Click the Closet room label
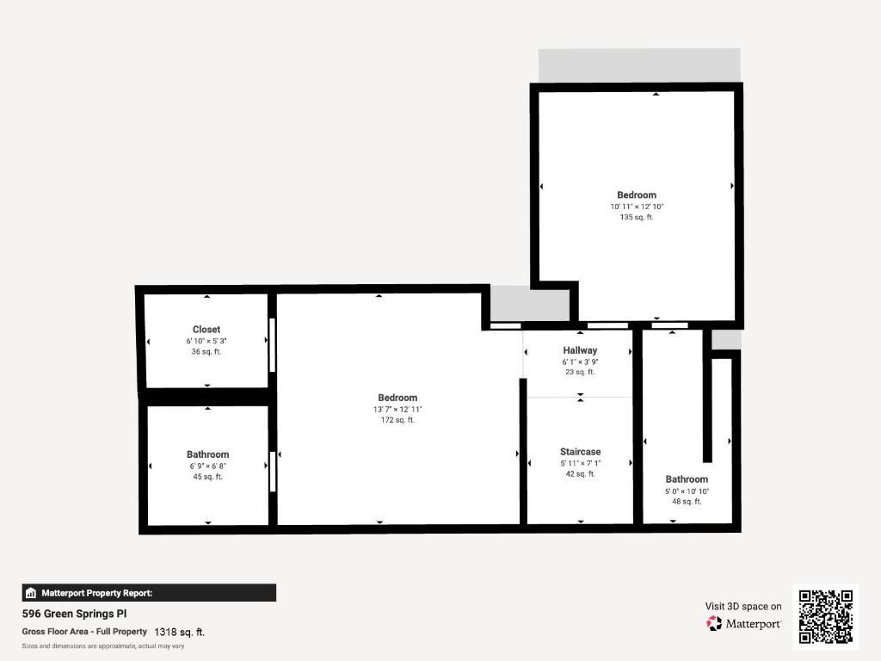click(x=206, y=330)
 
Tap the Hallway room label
click(x=580, y=350)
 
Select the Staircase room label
click(x=580, y=452)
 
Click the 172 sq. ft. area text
click(x=397, y=420)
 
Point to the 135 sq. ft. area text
click(x=637, y=218)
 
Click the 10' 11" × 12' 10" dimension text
click(x=637, y=207)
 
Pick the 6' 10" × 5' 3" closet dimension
click(x=206, y=341)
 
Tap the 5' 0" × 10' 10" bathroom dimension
click(x=687, y=491)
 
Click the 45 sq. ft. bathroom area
click(x=207, y=477)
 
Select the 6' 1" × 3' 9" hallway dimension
click(x=580, y=361)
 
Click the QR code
click(x=826, y=616)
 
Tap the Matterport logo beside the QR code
click(x=744, y=623)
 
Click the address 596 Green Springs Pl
click(x=75, y=615)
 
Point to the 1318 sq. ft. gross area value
click(x=179, y=632)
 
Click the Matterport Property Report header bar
click(x=149, y=593)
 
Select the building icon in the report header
click(x=31, y=593)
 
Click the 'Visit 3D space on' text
click(x=743, y=607)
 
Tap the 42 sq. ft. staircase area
click(x=580, y=474)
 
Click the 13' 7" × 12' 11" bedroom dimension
click(x=397, y=409)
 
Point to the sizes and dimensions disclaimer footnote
click(x=103, y=646)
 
